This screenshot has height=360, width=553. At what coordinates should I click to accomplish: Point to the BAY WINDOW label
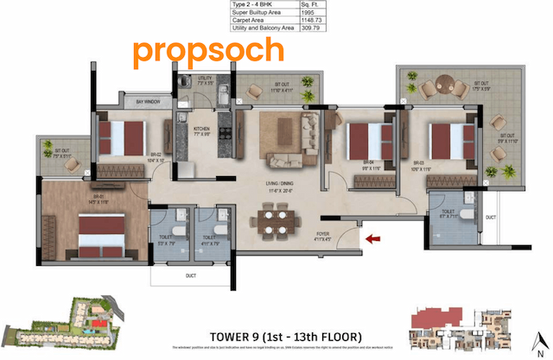[149, 102]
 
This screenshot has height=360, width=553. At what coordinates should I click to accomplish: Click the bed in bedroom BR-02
[122, 136]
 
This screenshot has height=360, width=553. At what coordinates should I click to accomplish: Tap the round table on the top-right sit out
[442, 85]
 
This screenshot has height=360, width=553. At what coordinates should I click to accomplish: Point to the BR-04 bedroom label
[367, 162]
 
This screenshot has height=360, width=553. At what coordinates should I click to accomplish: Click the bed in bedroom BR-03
[448, 138]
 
